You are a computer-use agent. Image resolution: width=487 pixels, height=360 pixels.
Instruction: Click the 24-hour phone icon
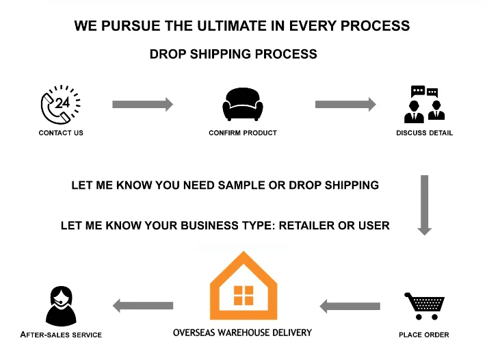[x=61, y=105]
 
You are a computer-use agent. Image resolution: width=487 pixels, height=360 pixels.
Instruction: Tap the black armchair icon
[x=243, y=105]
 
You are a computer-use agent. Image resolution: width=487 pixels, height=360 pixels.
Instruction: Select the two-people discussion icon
[x=424, y=104]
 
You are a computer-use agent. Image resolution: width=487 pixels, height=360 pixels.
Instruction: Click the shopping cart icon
[x=424, y=306]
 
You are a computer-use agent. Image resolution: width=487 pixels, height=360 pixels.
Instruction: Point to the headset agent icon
[x=61, y=306]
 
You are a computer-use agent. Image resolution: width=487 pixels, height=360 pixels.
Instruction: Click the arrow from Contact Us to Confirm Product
[x=142, y=105]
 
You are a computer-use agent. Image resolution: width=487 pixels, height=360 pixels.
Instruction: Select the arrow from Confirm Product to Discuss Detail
[x=345, y=105]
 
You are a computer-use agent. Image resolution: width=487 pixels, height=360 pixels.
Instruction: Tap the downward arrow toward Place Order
[x=424, y=205]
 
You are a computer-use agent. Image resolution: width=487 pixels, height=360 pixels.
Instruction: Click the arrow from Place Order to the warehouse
[x=350, y=306]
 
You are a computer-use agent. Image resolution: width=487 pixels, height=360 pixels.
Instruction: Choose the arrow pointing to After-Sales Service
[x=142, y=306]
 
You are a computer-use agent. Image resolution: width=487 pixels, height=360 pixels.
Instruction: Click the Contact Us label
[x=61, y=133]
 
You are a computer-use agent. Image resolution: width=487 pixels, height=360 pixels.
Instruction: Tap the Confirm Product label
[x=243, y=133]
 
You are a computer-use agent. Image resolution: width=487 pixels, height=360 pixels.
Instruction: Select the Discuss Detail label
[x=424, y=133]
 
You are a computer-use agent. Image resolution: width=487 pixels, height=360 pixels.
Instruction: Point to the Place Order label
[x=424, y=335]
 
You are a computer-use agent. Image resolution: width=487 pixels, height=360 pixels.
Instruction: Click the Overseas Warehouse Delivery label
[x=242, y=333]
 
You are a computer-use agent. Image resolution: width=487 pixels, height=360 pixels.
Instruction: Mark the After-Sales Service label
[x=61, y=335]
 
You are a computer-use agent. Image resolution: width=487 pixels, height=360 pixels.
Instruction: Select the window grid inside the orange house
[x=243, y=296]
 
